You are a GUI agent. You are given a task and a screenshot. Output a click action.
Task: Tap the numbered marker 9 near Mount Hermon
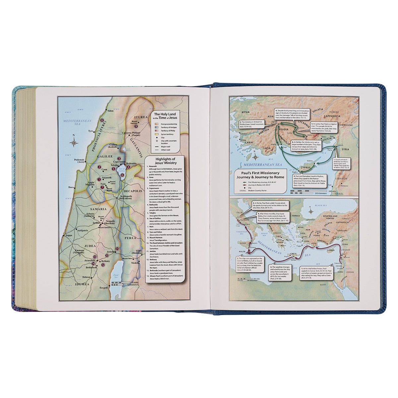click(x=136, y=126)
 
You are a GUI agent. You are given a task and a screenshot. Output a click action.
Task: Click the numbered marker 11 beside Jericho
click(x=117, y=249)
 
